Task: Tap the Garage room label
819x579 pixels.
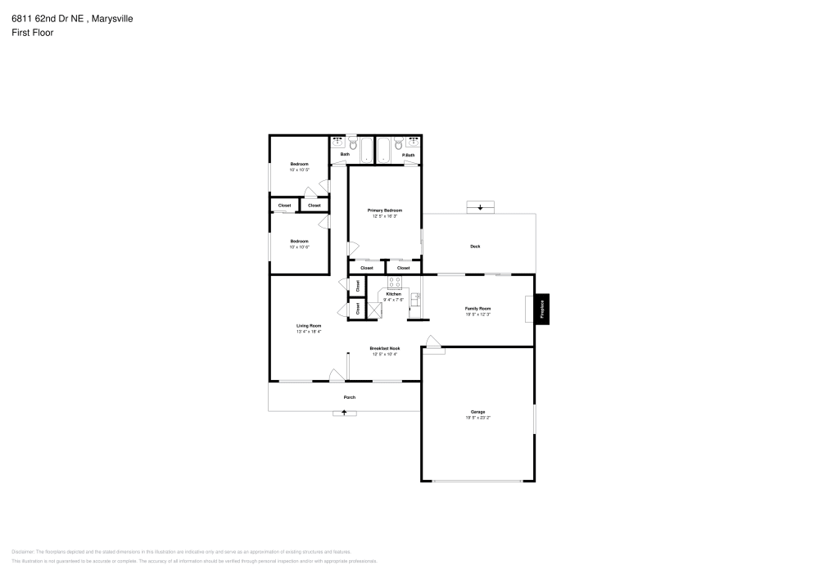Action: (477, 412)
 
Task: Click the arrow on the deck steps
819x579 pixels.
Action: (480, 208)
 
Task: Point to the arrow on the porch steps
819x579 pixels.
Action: (344, 413)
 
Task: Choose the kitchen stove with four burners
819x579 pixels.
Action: (394, 283)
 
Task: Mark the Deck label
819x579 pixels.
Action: (475, 247)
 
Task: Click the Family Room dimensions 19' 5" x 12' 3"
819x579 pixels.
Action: (477, 314)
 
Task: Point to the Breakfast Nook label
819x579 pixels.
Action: (385, 348)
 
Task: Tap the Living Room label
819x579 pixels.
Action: (309, 325)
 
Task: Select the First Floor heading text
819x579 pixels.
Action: (33, 33)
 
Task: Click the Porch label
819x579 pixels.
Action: (350, 397)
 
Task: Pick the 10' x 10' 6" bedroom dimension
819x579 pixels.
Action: (299, 247)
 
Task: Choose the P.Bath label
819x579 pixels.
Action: (408, 155)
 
